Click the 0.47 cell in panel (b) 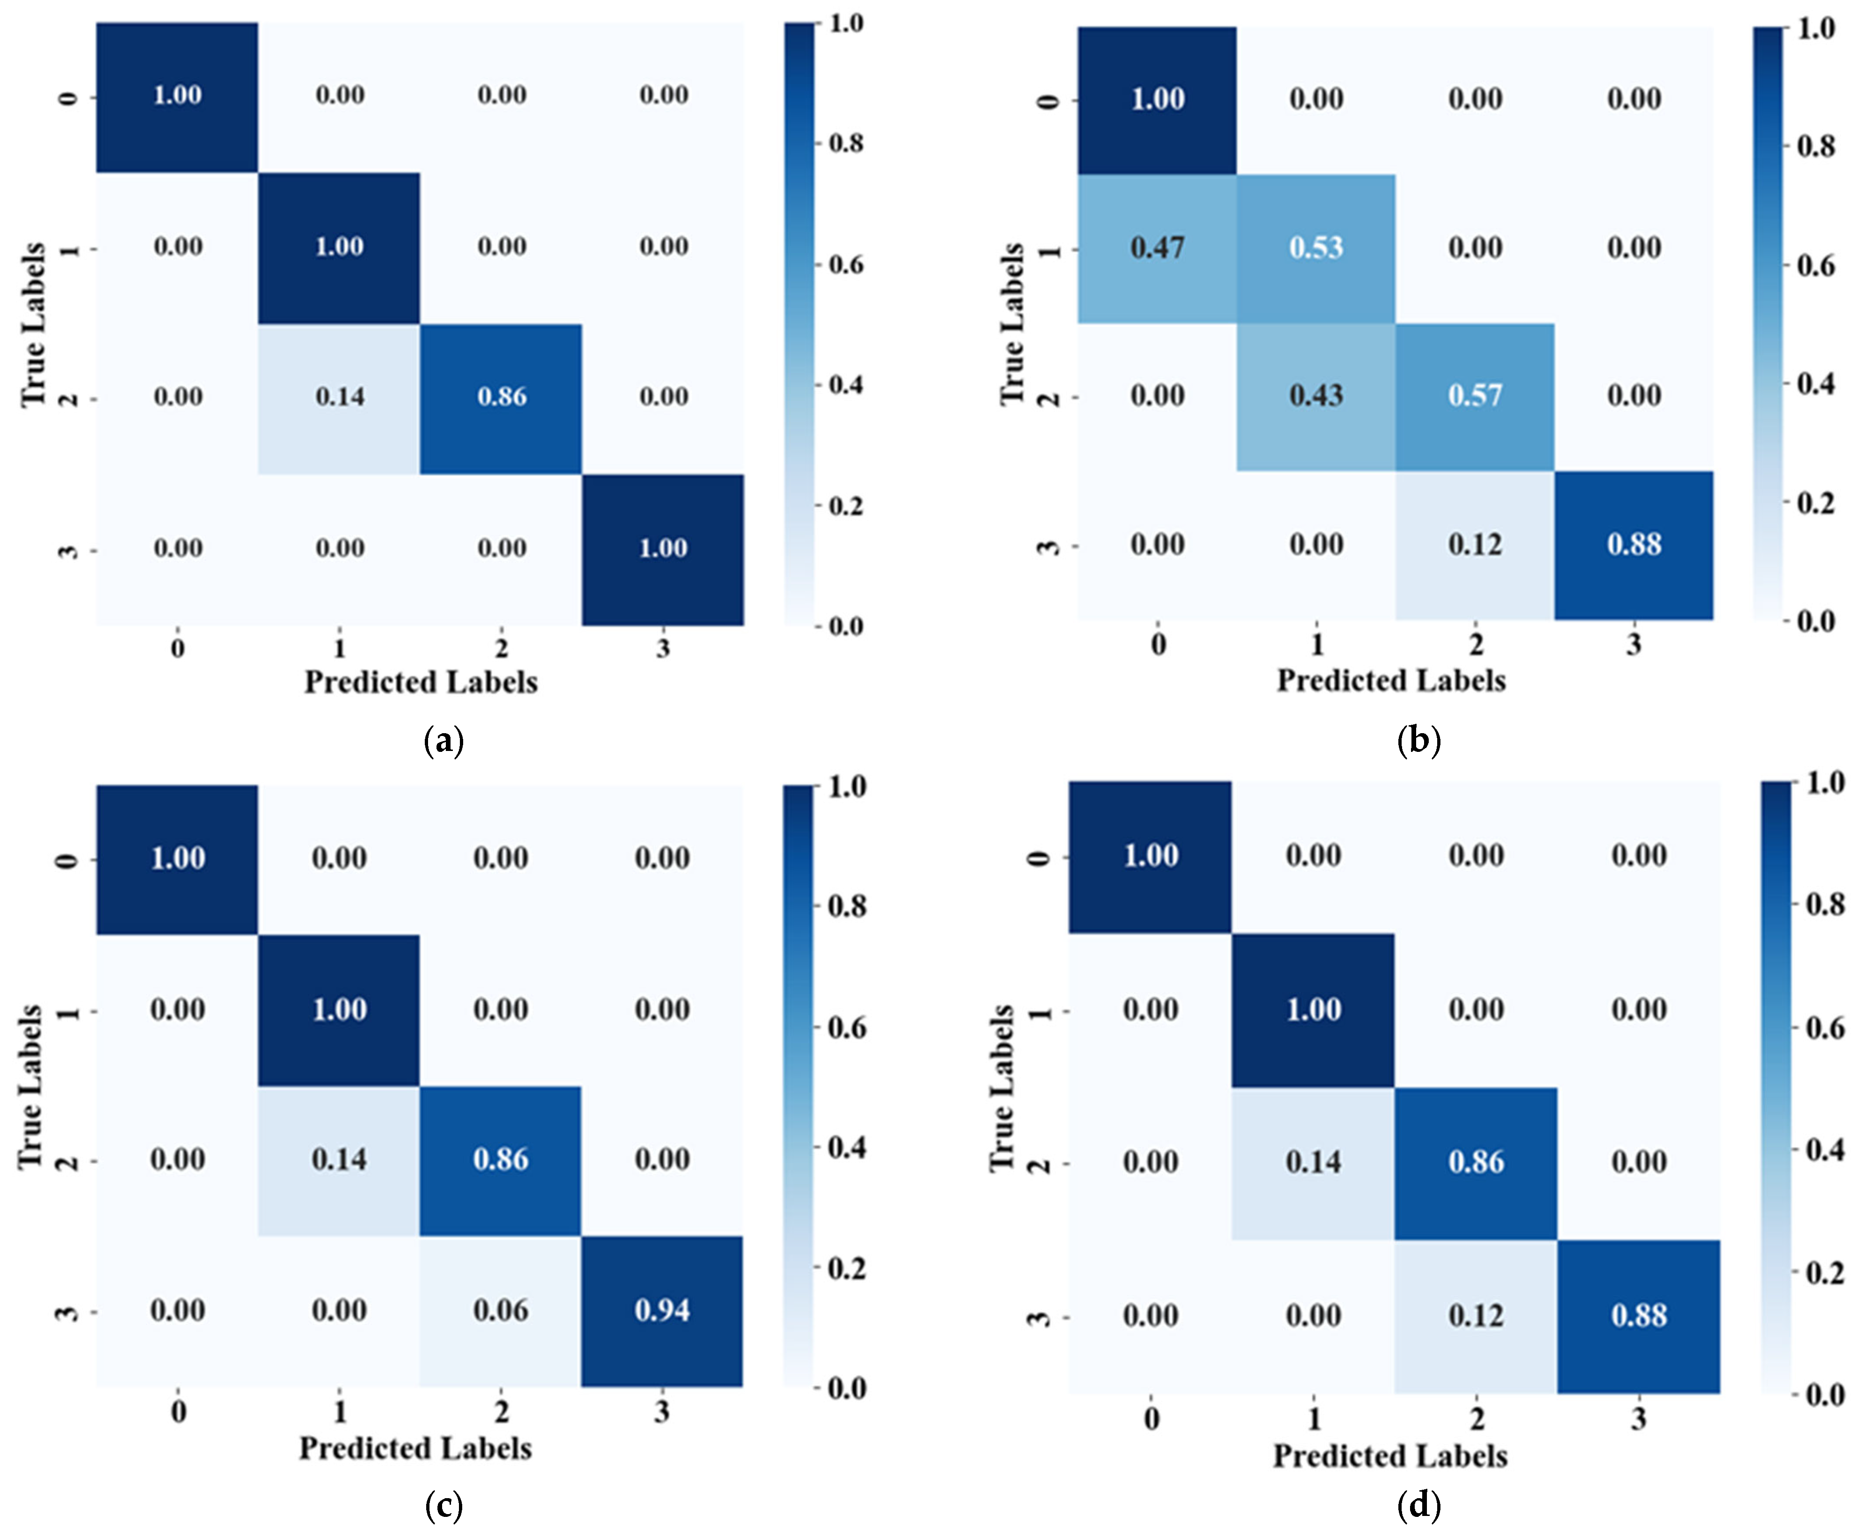[x=1156, y=248]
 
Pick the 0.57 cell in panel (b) [x=1475, y=396]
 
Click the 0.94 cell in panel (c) [x=662, y=1311]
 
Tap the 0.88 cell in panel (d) [x=1639, y=1316]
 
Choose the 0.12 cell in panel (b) [x=1475, y=545]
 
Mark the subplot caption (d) [x=1418, y=1504]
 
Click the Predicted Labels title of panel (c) [x=415, y=1449]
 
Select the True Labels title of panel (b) [x=1012, y=324]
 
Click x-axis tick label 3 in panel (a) [x=663, y=649]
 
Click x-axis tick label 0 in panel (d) [x=1151, y=1419]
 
